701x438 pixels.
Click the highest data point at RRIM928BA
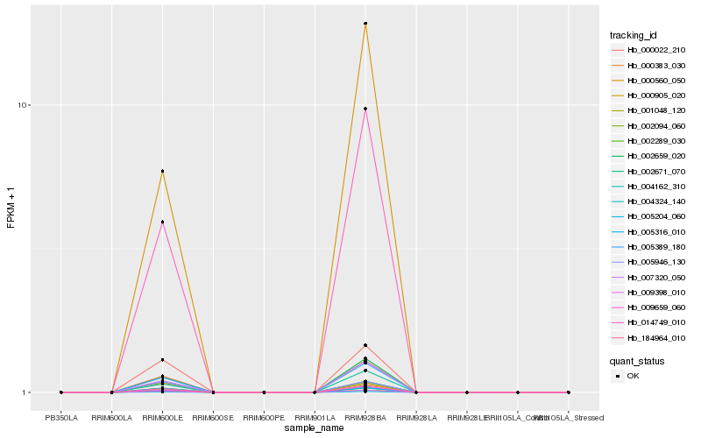[365, 24]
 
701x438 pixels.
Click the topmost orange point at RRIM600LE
[162, 172]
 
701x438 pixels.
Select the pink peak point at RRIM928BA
[365, 109]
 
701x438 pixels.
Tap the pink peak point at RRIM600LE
[162, 223]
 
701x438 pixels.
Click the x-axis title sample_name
[315, 428]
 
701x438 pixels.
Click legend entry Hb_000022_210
[655, 51]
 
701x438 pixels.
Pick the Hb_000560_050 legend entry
[655, 81]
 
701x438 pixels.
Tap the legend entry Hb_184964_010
[655, 337]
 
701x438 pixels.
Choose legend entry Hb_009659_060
[655, 307]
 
